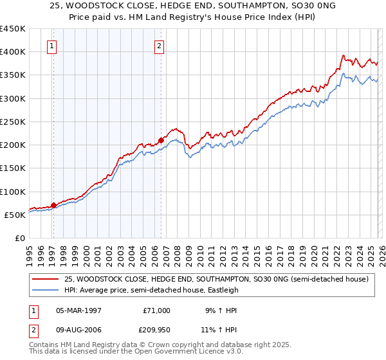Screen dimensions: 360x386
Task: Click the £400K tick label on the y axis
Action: coord(13,52)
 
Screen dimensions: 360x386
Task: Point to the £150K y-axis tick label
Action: coord(13,168)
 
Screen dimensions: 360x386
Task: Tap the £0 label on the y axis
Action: coord(19,239)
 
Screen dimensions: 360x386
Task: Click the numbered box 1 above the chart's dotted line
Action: coord(51,46)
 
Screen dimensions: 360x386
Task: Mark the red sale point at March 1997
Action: coord(53,205)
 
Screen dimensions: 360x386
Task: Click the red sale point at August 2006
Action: coord(161,140)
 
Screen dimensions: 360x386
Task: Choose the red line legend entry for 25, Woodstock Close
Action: coord(216,279)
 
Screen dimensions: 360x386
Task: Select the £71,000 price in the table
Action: coord(156,310)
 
